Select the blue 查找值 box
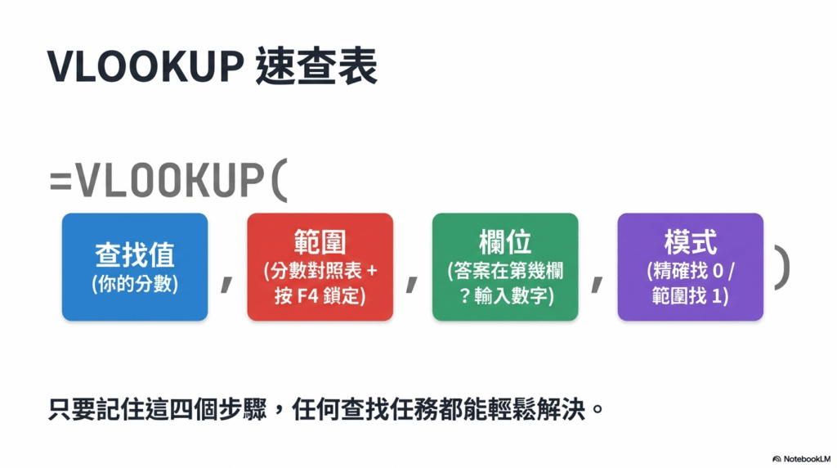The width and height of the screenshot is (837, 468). [135, 267]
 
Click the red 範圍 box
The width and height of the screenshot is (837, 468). [320, 267]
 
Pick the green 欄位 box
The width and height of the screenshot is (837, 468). [505, 267]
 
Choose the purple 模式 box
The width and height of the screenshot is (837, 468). [690, 267]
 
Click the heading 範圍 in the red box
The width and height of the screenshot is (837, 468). [320, 241]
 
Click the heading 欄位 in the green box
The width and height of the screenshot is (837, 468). [505, 241]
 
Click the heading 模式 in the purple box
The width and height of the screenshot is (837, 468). [690, 241]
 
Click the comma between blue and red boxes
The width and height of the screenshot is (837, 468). [227, 283]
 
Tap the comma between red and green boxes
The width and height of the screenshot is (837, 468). [412, 283]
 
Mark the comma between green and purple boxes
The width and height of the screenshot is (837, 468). [598, 283]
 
